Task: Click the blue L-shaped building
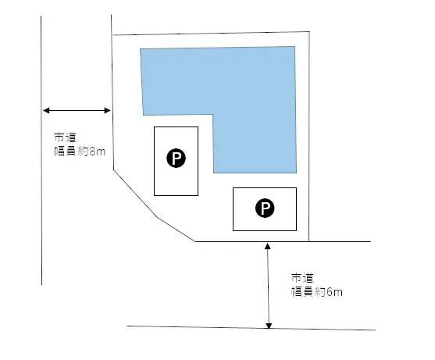click(x=250, y=84)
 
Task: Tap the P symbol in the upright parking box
click(x=176, y=158)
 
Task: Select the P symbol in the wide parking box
click(x=265, y=208)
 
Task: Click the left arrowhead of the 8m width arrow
click(x=46, y=110)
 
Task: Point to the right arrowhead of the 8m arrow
click(x=107, y=110)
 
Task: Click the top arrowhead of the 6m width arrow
click(x=268, y=246)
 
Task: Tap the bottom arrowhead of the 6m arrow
click(x=269, y=326)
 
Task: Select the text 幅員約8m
click(x=80, y=151)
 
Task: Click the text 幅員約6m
click(x=317, y=292)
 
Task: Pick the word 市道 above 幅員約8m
click(x=65, y=137)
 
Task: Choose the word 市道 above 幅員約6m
click(x=302, y=278)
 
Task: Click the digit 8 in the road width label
click(x=93, y=152)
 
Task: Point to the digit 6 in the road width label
click(x=330, y=292)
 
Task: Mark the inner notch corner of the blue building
click(x=212, y=114)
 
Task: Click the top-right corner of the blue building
click(x=294, y=46)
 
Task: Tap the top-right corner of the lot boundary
click(x=309, y=31)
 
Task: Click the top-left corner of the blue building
click(x=140, y=49)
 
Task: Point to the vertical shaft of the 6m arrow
click(x=269, y=286)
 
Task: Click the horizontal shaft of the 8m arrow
click(x=77, y=110)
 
